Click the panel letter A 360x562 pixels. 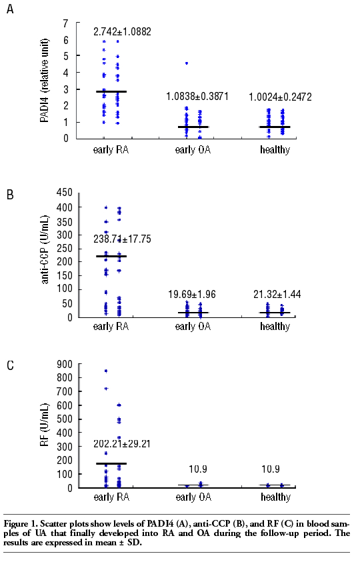10,9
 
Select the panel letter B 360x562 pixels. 10,194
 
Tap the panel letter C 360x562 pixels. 10,365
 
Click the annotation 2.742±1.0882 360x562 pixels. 122,31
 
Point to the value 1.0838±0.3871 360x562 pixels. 197,96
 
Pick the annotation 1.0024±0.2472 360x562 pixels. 281,97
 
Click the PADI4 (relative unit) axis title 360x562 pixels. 44,81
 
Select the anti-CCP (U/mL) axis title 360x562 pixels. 44,250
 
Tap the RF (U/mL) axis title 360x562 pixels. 44,425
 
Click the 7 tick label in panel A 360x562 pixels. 65,23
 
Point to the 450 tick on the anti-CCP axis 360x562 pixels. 65,193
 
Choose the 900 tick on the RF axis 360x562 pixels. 65,364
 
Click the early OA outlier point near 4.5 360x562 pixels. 187,63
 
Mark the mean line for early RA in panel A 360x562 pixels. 111,91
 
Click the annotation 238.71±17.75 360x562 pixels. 122,239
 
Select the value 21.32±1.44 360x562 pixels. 277,294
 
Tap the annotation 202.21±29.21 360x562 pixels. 122,444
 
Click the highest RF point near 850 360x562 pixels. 106,371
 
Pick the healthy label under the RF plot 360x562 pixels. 276,497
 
